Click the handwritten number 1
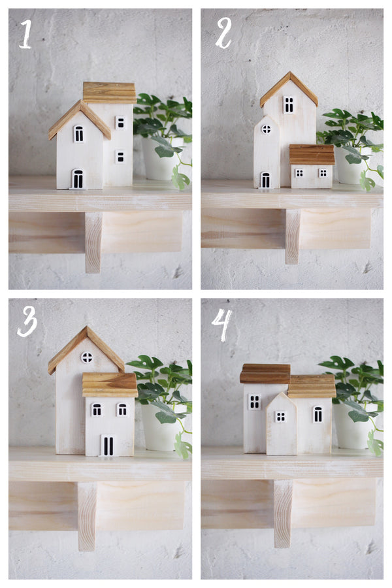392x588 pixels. pos(25,34)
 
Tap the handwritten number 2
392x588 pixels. pos(223,33)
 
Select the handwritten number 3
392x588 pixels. pos(27,321)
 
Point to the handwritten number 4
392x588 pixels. pos(221,324)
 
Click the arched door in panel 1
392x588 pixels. pos(78,179)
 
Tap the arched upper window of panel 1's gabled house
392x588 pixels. pos(79,134)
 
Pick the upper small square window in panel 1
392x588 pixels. pos(120,123)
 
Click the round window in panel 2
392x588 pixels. pos(267,129)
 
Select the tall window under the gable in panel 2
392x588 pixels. pos(289,105)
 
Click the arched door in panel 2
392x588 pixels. pos(265,180)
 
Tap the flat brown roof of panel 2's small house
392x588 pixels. pos(312,154)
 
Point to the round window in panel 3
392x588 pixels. pos(87,357)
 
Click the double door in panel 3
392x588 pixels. pos(108,446)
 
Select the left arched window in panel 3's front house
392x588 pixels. pos(97,410)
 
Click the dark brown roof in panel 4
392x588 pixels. pos(265,374)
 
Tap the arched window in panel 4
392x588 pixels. pos(318,414)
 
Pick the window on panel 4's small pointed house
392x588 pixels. pos(280,417)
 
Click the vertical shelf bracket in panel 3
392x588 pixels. pos(87,516)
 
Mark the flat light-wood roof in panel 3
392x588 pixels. pos(110,385)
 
